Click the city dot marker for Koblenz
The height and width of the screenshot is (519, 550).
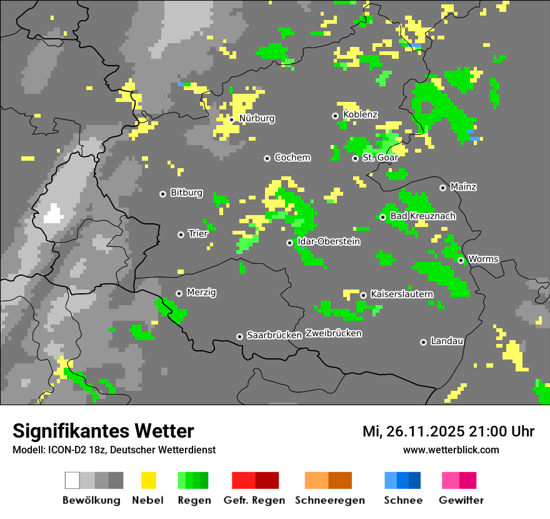coord(336,116)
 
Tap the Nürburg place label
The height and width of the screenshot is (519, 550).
coord(256,118)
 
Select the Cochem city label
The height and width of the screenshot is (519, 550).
coord(292,158)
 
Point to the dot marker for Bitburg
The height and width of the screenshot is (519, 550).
coord(163,194)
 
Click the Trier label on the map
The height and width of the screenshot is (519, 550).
coord(197,234)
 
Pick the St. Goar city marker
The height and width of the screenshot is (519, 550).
coord(356,158)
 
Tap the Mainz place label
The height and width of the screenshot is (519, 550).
coord(463,186)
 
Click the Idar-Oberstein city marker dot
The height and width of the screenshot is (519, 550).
coord(289,243)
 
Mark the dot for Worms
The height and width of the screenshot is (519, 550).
coord(461,260)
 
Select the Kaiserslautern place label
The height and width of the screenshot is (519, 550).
coord(401,294)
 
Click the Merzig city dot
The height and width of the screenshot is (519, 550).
coord(179,293)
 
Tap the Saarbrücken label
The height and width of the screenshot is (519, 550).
coord(274,335)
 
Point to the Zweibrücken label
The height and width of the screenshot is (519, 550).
coord(334,333)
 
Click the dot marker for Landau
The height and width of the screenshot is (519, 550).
coord(424,342)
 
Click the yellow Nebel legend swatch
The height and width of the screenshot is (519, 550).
coord(148,480)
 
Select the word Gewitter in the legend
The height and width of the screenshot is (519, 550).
coord(461,500)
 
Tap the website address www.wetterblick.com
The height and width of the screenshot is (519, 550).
coord(451,450)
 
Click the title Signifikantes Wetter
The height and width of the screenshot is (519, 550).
coord(103,431)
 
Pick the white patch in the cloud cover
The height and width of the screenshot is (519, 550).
coord(53,214)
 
